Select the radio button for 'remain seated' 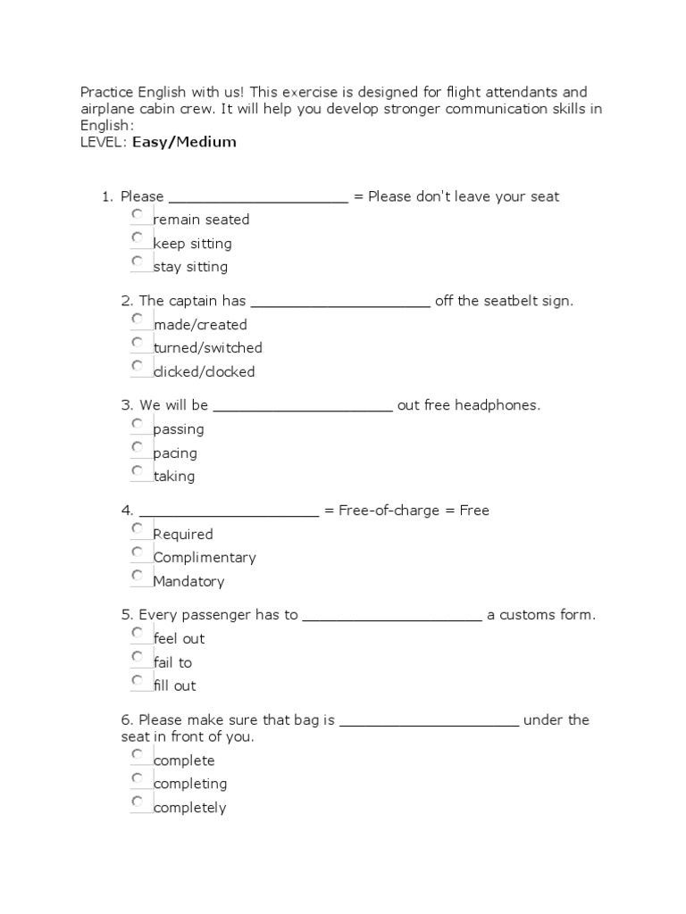(137, 215)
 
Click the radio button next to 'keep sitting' (137, 238)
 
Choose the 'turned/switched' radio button (137, 343)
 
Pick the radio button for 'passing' (137, 424)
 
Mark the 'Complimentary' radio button (137, 553)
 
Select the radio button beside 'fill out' (137, 681)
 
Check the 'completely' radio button (137, 802)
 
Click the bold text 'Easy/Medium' (184, 142)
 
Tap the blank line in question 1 (257, 198)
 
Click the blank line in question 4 (229, 512)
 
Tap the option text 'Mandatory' (188, 582)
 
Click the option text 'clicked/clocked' (204, 372)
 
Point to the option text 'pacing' (175, 453)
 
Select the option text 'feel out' (179, 639)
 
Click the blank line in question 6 (430, 721)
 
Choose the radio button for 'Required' (137, 529)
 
